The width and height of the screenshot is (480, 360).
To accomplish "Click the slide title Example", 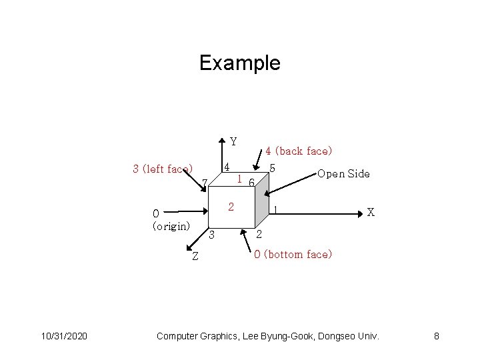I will coord(240,63).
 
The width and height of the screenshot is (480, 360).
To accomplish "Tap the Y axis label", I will coord(233,141).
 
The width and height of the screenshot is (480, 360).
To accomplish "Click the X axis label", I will coord(371,212).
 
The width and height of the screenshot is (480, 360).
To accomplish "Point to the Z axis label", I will coord(195,258).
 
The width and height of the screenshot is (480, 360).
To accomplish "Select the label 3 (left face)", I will coord(163,169).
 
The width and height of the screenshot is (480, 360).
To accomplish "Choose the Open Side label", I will coord(343,174).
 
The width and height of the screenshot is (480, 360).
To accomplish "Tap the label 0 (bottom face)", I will coord(293,254).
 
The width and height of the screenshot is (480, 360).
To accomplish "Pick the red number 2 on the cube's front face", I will coord(231,206).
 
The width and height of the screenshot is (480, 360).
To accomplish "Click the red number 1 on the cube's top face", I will coord(239,179).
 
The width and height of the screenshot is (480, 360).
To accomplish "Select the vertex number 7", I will coord(205,183).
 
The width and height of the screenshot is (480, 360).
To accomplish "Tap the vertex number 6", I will coord(251,183).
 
